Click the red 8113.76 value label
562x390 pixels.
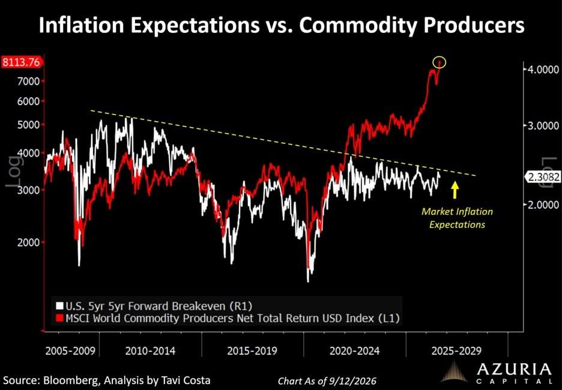[x=22, y=62]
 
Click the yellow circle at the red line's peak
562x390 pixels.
[x=440, y=62]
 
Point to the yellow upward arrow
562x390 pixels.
[x=455, y=190]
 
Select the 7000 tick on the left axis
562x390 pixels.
[x=28, y=81]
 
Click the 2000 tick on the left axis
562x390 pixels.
[x=28, y=242]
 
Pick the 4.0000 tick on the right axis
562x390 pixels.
[x=543, y=69]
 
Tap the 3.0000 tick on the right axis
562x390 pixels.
[x=543, y=126]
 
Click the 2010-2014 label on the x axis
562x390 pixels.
[x=150, y=350]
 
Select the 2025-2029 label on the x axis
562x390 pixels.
[x=456, y=350]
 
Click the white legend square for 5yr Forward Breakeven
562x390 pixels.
[x=59, y=306]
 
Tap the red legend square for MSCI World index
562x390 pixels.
[x=59, y=318]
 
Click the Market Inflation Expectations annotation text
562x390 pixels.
[x=457, y=218]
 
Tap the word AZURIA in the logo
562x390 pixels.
[x=514, y=369]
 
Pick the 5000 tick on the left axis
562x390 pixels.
[x=28, y=125]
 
